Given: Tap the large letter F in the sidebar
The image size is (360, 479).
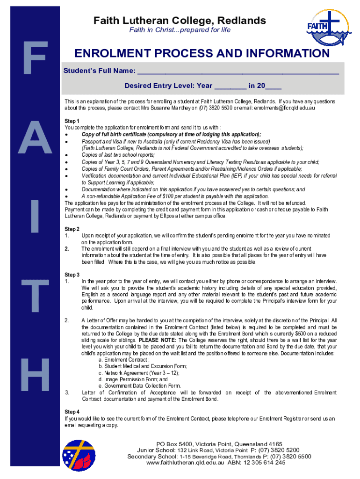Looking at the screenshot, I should pyautogui.click(x=31, y=58).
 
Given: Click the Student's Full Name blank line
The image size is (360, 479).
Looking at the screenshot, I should pyautogui.click(x=238, y=72).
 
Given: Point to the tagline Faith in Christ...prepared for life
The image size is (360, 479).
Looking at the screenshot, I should pyautogui.click(x=180, y=30).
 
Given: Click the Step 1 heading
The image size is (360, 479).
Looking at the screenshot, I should pyautogui.click(x=72, y=121).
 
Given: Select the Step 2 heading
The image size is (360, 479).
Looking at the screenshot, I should pyautogui.click(x=72, y=229).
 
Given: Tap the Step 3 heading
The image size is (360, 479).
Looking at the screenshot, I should pyautogui.click(x=72, y=275).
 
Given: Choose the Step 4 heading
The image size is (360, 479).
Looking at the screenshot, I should pyautogui.click(x=72, y=412).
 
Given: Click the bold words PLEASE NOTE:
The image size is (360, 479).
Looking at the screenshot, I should pyautogui.click(x=158, y=341).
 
